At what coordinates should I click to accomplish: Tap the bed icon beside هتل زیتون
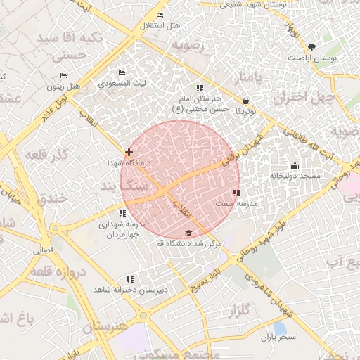point(64,75)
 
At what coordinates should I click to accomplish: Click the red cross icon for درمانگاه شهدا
point(128,152)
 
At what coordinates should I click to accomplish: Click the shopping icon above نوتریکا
point(245,100)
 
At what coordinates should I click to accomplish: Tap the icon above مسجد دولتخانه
point(295,165)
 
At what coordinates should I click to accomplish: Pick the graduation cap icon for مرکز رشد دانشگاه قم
point(188,233)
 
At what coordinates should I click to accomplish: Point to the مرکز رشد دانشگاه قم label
point(188,243)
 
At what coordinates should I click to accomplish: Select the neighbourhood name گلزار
point(239,309)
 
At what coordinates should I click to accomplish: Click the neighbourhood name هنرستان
point(105,328)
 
